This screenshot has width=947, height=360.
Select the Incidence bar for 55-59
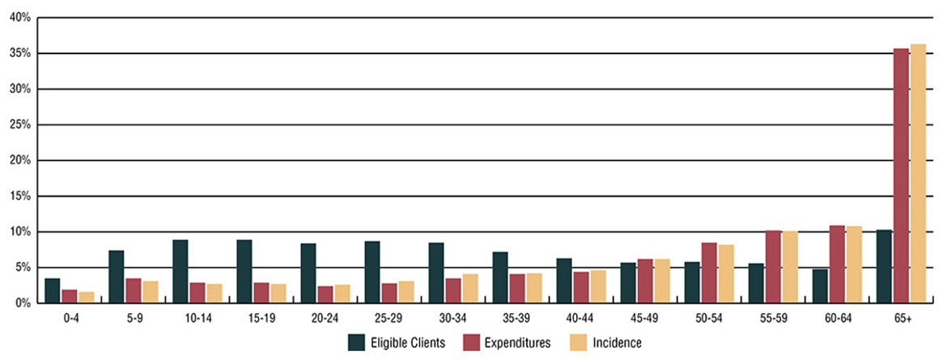(x=790, y=267)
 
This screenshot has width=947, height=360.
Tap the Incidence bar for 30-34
(x=470, y=288)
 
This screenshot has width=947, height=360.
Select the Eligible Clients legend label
(x=408, y=343)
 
